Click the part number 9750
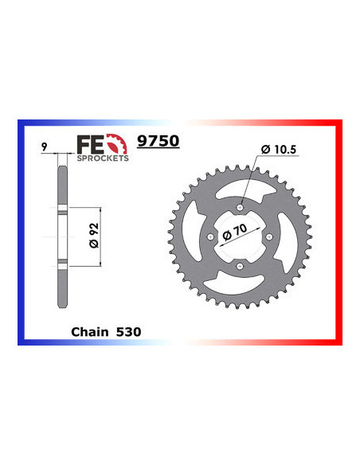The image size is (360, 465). [x=159, y=142]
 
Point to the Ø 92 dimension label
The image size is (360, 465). [x=93, y=236]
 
